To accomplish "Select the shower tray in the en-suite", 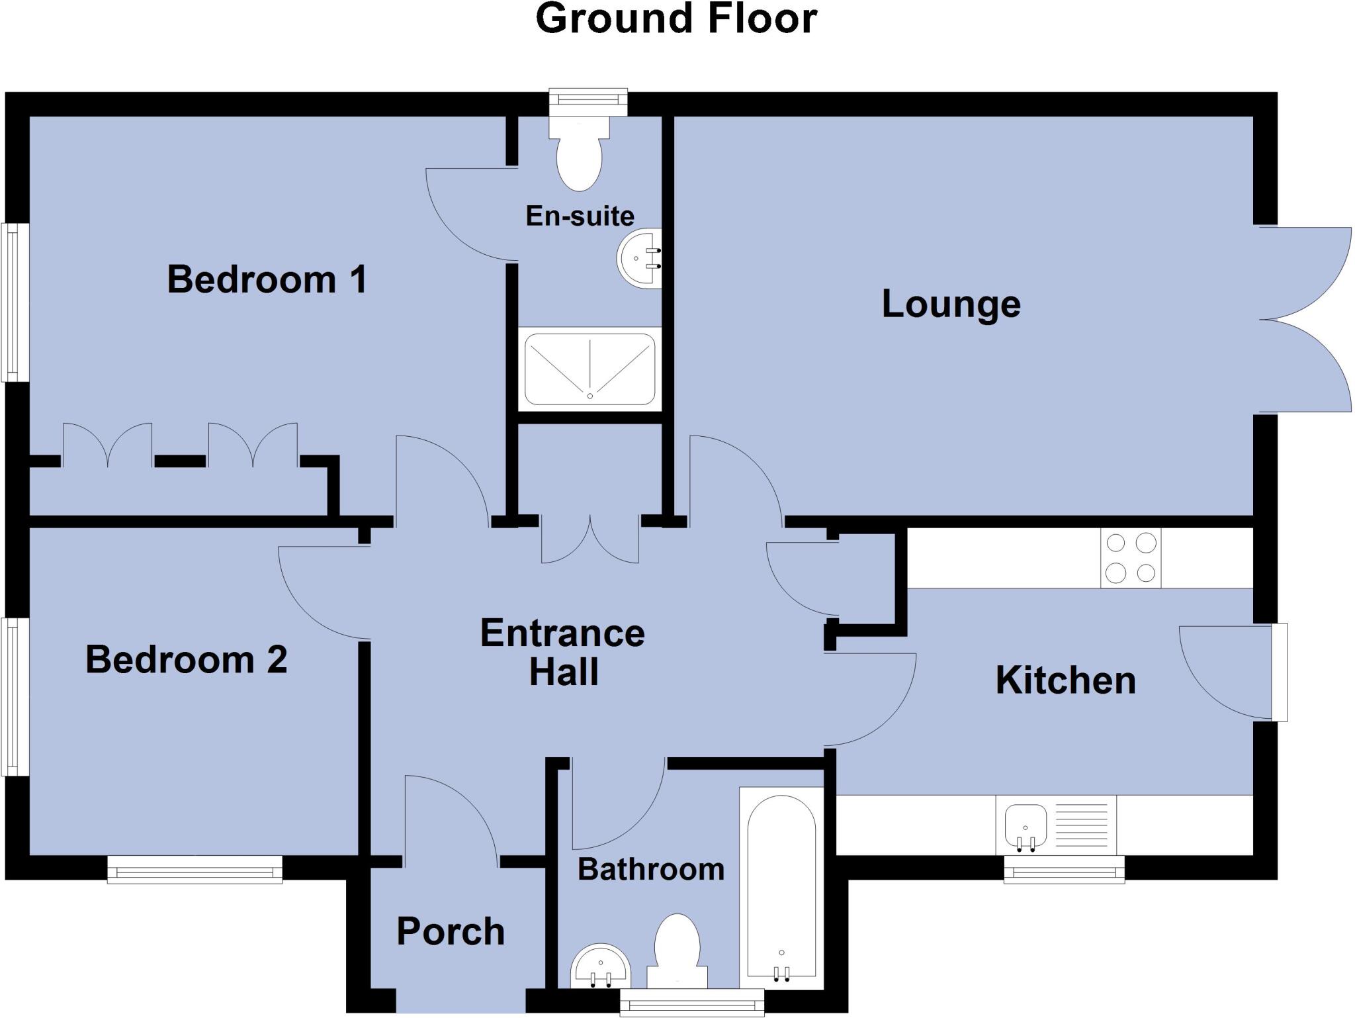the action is click(x=590, y=369).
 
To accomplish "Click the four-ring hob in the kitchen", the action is click(x=1131, y=557).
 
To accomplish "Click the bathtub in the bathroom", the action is click(x=781, y=888).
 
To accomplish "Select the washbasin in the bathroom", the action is click(x=601, y=966).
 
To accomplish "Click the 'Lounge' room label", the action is click(x=951, y=305).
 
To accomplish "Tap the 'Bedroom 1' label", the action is click(x=267, y=279).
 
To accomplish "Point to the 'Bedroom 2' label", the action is click(x=187, y=660).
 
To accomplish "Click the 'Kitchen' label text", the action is click(x=1065, y=680).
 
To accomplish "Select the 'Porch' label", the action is click(x=451, y=932).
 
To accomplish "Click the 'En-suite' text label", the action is click(x=580, y=216).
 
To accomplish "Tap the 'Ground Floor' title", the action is click(x=676, y=19).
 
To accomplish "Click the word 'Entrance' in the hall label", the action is click(x=562, y=633).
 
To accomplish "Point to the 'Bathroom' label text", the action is click(x=651, y=869).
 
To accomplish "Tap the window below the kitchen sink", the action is click(x=1064, y=869).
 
